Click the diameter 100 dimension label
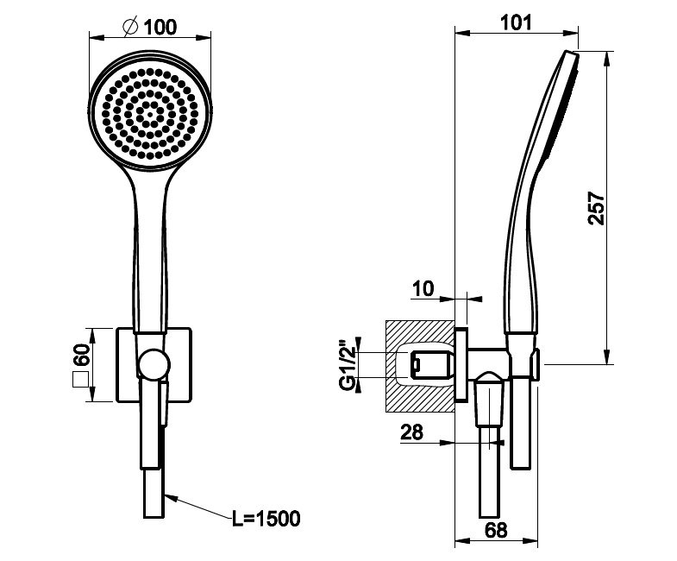coord(150,28)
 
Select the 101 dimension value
coord(516,22)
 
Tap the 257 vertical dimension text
coord(597,208)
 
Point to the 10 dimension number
coord(423,289)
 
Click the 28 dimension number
coord(412,432)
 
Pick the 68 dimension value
coord(496,530)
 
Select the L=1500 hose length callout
coord(266,519)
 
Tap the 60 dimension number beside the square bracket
coord(81,355)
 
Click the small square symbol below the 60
coord(81,380)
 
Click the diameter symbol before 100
coord(130,27)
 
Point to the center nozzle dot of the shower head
coord(150,115)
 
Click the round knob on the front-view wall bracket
coord(154,364)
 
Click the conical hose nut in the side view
coord(489,399)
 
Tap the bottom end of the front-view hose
coord(154,517)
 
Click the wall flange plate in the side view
coord(461,365)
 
